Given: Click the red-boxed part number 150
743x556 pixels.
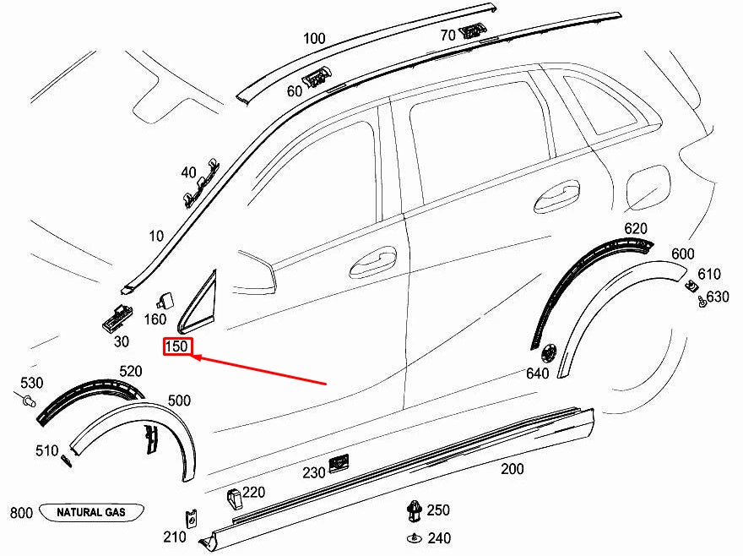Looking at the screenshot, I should [178, 347].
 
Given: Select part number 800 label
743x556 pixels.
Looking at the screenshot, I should [21, 513].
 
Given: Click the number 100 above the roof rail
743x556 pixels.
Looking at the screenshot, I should [313, 38].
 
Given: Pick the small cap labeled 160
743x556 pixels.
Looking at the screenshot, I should [164, 298].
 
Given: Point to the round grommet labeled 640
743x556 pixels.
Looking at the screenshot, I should [550, 351].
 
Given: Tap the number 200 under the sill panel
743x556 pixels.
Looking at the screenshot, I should [513, 468].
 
